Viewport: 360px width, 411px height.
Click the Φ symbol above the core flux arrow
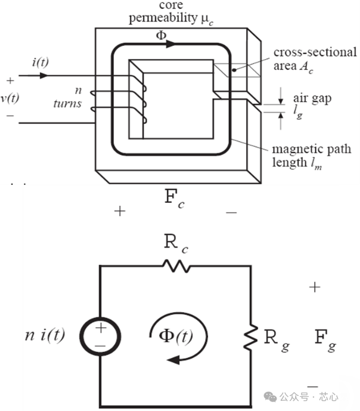(161, 35)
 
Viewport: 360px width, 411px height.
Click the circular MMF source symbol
(100, 336)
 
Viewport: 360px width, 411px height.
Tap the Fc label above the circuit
(174, 199)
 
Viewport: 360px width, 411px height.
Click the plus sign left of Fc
(120, 211)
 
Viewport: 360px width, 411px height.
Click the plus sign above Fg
(315, 288)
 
